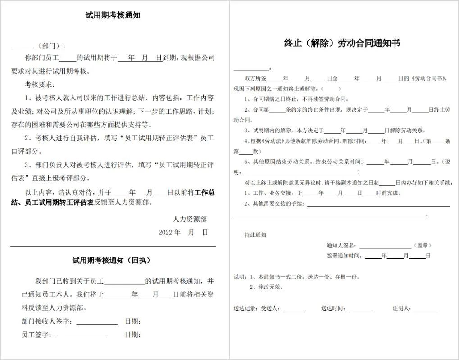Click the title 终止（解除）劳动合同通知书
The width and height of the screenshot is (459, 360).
pos(342,43)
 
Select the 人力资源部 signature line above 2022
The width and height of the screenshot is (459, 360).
pos(190,219)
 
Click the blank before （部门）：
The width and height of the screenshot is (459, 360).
pos(23,46)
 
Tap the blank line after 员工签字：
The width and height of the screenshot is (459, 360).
pos(81,335)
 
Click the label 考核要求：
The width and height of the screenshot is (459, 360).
pos(40,85)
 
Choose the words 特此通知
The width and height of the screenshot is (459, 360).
pos(255,235)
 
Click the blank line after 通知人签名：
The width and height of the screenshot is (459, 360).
pos(385,246)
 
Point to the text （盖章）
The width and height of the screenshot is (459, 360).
pos(422,246)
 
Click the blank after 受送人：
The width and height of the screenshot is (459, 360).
pos(294,309)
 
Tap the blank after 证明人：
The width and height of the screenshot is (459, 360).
pos(425,309)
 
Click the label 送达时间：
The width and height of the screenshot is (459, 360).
pos(334,309)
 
